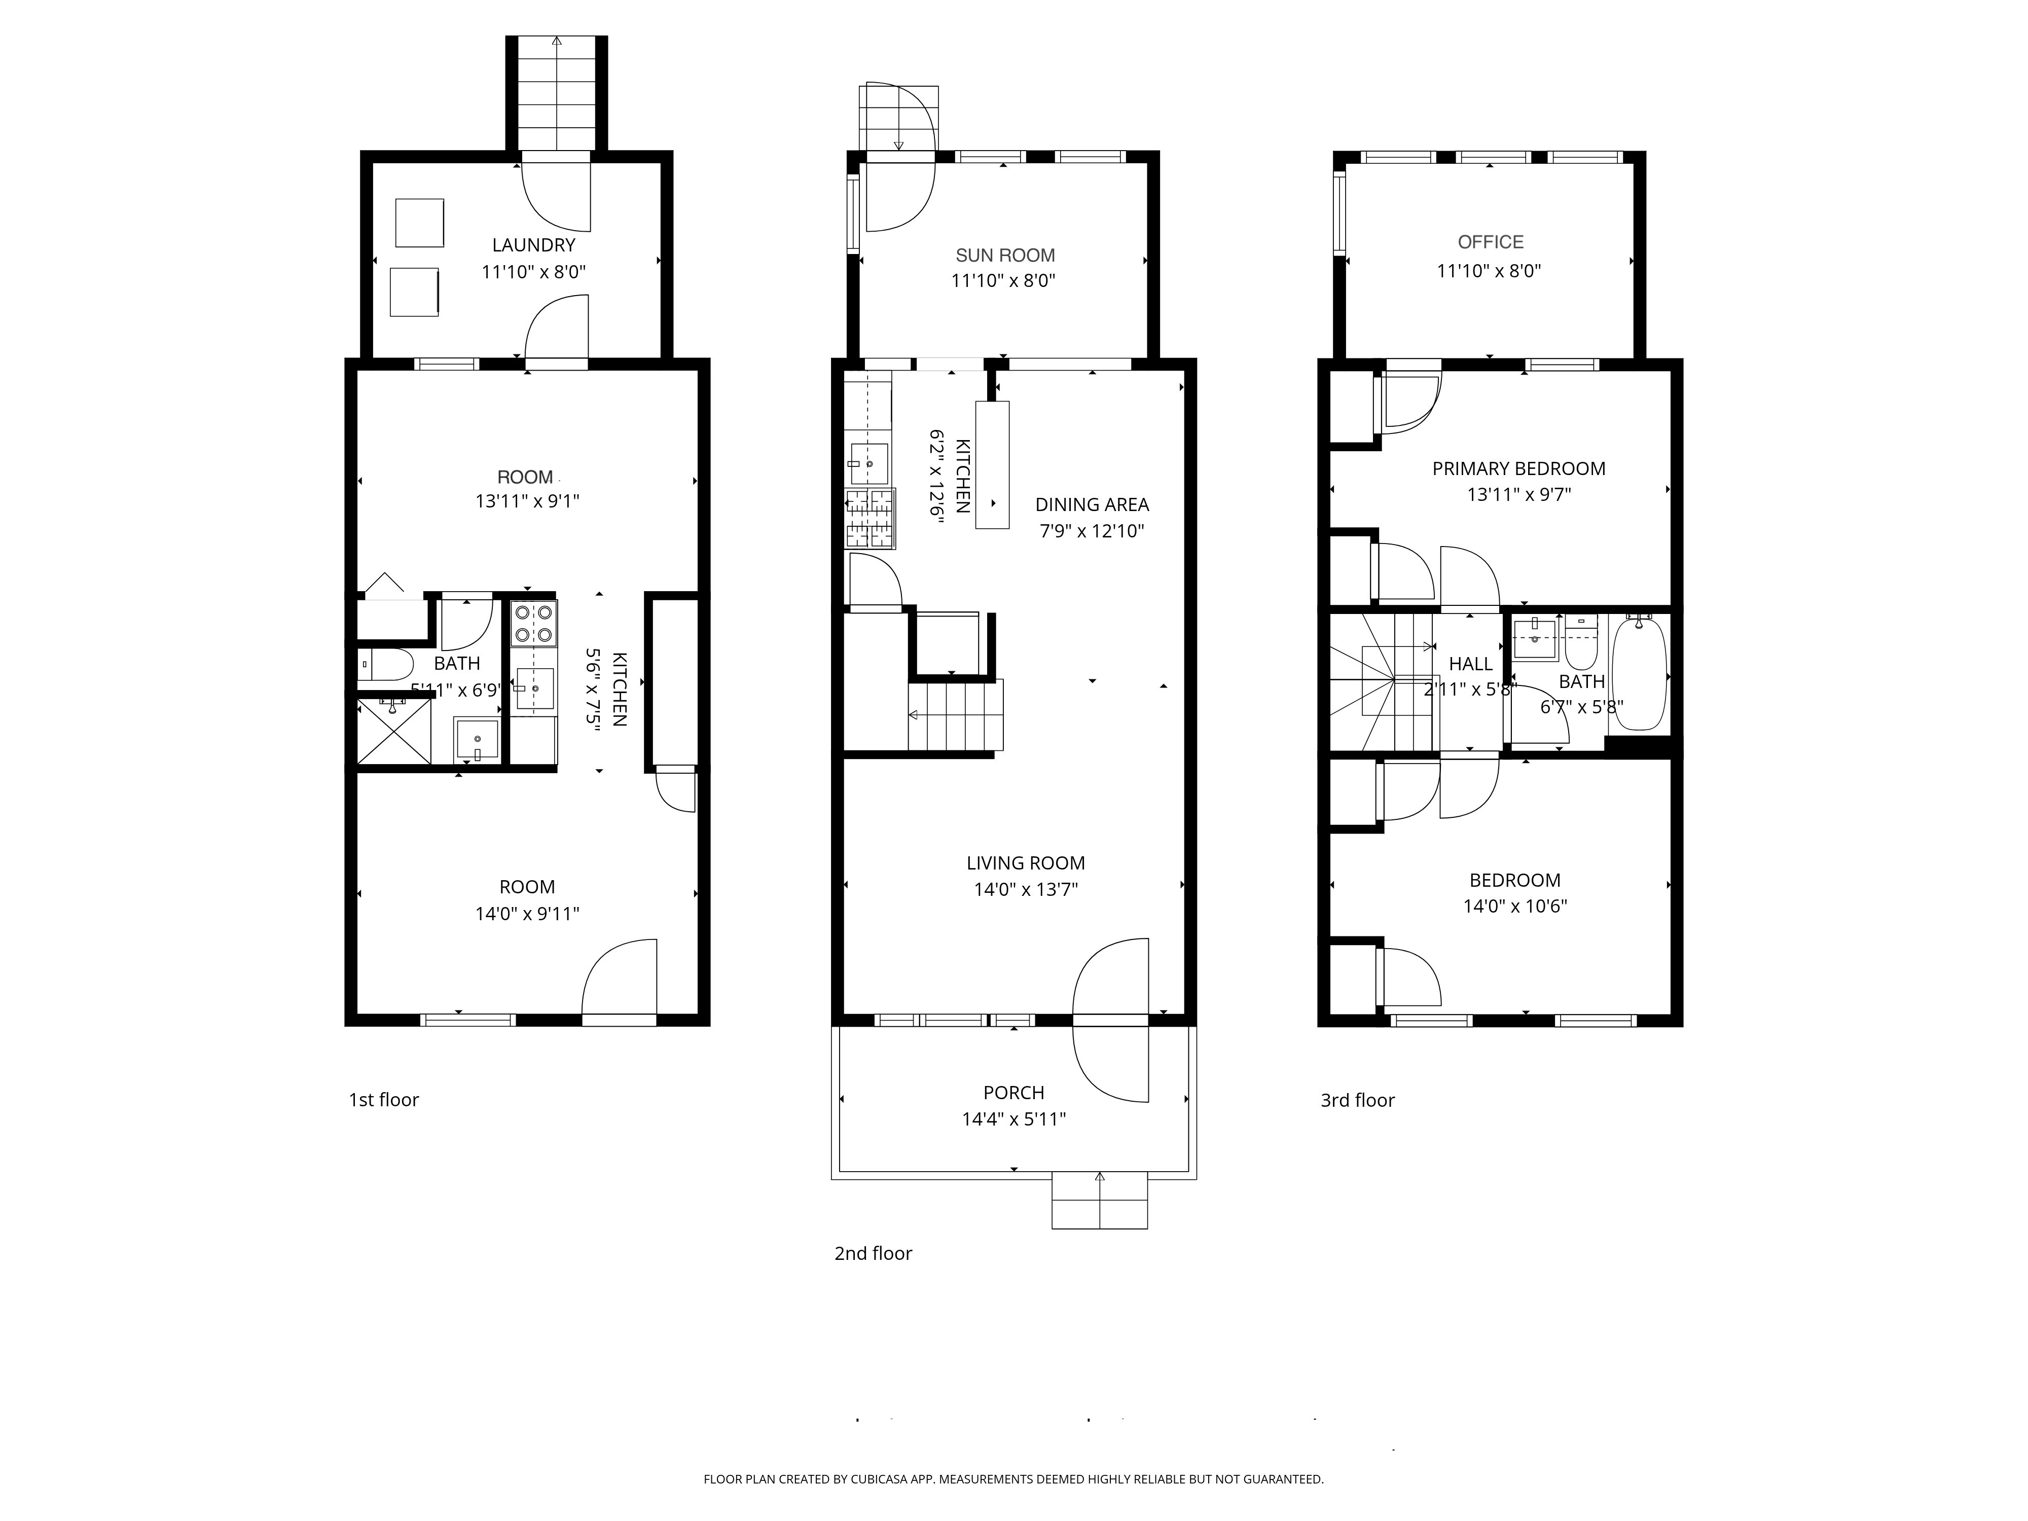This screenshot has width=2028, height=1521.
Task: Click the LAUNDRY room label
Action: [533, 245]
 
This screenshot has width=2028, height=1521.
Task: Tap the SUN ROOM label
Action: [1005, 255]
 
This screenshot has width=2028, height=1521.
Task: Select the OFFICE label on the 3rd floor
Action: [1491, 242]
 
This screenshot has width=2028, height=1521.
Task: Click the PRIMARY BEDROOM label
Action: [1518, 468]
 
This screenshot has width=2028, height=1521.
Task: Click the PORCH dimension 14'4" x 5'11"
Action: [1013, 1118]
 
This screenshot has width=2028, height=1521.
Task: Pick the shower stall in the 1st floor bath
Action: [393, 731]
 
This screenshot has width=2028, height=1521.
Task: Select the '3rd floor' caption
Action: [1357, 1100]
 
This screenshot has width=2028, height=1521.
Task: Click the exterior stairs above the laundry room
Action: [557, 92]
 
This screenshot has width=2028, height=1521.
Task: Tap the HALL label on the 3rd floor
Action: [1471, 664]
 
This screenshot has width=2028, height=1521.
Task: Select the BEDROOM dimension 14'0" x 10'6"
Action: [1514, 906]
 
